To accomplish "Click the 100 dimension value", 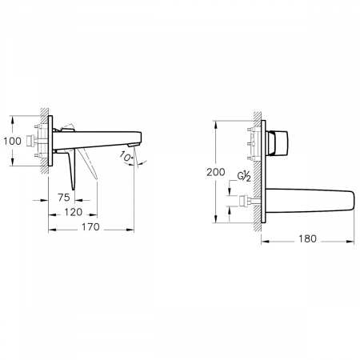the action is pyautogui.click(x=12, y=141).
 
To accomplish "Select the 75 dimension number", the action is pyautogui.click(x=64, y=198).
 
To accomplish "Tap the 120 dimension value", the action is pyautogui.click(x=74, y=212).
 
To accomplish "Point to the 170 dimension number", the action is pyautogui.click(x=90, y=227).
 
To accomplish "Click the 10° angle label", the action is pyautogui.click(x=126, y=156).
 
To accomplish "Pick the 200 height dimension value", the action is pyautogui.click(x=216, y=172).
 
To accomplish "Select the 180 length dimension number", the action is pyautogui.click(x=307, y=238).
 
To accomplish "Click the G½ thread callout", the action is pyautogui.click(x=244, y=177).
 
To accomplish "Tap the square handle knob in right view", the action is pyautogui.click(x=279, y=142).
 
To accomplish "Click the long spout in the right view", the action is pyautogui.click(x=310, y=201).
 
